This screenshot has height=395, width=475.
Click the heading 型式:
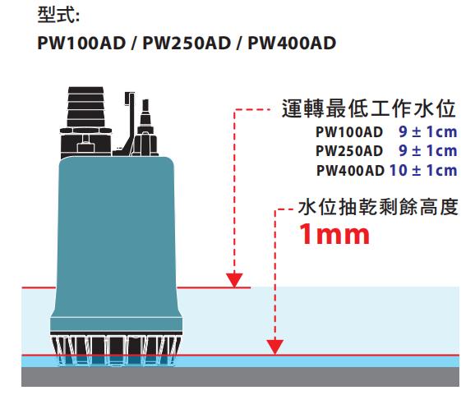pyautogui.click(x=58, y=15)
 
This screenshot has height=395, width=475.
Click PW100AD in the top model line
pyautogui.click(x=81, y=43)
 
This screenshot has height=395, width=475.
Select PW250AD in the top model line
pyautogui.click(x=187, y=43)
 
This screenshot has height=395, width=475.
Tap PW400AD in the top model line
pyautogui.click(x=292, y=43)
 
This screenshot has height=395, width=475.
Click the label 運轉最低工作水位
pyautogui.click(x=369, y=108)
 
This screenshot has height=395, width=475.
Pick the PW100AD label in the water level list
pyautogui.click(x=349, y=132)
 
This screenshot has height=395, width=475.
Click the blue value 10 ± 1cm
pyautogui.click(x=423, y=171)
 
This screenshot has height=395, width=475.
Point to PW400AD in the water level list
pyautogui.click(x=350, y=171)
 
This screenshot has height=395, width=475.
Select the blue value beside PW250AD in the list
pyautogui.click(x=427, y=151)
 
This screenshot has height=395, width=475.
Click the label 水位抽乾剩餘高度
pyautogui.click(x=378, y=207)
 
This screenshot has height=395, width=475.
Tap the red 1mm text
pyautogui.click(x=334, y=234)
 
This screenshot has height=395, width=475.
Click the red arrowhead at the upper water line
pyautogui.click(x=234, y=280)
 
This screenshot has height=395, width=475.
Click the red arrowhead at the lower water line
pyautogui.click(x=274, y=347)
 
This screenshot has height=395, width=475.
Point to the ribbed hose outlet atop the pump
pyautogui.click(x=85, y=107)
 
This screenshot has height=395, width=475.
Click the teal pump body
pyautogui.click(x=116, y=242)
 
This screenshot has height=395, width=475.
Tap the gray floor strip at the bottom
pyautogui.click(x=240, y=377)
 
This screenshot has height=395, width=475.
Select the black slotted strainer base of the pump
pyautogui.click(x=116, y=348)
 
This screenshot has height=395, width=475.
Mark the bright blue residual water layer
pyautogui.click(x=318, y=361)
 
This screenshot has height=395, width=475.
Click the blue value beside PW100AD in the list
pyautogui.click(x=427, y=131)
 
